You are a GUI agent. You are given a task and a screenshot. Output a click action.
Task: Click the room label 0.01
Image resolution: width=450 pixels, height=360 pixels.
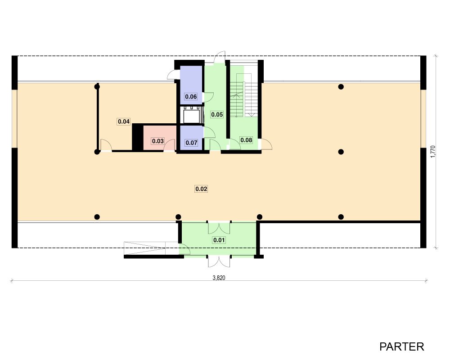click(x=219, y=240)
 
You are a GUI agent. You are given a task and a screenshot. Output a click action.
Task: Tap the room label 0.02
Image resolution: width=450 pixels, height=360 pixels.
click(x=201, y=189)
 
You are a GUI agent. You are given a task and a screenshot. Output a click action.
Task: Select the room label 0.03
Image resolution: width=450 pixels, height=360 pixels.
click(x=158, y=141)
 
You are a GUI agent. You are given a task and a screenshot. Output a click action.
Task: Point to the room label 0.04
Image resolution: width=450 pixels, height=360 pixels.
click(x=124, y=121)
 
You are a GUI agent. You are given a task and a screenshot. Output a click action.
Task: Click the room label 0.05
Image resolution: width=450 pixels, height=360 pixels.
click(x=217, y=115)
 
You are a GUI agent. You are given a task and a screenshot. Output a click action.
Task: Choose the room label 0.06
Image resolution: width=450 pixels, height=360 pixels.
click(x=191, y=96)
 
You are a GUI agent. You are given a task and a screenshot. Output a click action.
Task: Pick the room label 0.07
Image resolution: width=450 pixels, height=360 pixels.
click(x=191, y=143)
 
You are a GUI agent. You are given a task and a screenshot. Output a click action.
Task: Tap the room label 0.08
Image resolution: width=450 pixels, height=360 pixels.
click(x=246, y=140)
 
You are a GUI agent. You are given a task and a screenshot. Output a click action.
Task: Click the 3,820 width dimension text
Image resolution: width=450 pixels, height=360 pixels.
click(x=219, y=278)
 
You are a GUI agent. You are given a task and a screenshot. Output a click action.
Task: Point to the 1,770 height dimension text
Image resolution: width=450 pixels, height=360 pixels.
click(x=433, y=152)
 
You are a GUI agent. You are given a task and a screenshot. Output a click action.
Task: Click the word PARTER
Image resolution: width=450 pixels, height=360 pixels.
click(x=402, y=347)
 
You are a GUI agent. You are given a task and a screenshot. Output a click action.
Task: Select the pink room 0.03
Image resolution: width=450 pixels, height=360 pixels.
click(x=160, y=138)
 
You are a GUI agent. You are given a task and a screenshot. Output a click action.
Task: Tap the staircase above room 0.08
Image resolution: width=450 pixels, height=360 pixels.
click(x=244, y=95)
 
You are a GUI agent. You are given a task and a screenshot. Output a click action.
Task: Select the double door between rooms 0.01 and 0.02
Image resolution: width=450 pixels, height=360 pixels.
click(x=219, y=228)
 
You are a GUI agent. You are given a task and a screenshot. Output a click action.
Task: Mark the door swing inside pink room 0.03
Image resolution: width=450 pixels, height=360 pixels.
click(x=169, y=145)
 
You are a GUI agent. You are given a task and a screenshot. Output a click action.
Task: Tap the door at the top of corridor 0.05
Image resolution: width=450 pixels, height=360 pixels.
click(x=220, y=57)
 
